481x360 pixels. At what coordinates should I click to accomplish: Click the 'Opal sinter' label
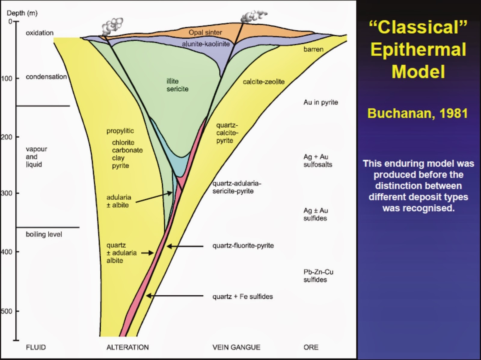point(205,32)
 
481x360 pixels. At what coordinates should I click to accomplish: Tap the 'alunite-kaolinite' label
point(206,44)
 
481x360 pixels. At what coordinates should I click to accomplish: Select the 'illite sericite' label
point(177,85)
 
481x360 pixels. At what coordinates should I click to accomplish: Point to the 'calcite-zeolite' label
point(264,82)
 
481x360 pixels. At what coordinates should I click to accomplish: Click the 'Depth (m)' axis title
point(22,13)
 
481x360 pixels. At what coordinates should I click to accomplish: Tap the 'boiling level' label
point(44,234)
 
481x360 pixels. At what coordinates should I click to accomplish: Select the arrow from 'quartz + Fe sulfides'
point(174,296)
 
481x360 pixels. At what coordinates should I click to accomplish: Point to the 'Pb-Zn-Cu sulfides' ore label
point(318,276)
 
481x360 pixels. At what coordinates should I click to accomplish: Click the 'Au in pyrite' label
point(320,102)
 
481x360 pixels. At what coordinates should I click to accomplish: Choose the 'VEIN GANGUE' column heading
point(236,347)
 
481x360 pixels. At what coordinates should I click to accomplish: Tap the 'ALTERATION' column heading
point(127,347)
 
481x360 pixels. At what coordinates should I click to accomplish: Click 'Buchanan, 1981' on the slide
point(418,114)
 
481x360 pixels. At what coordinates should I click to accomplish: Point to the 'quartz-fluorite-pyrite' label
point(243,246)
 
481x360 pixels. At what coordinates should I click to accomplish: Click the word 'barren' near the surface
point(313,49)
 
